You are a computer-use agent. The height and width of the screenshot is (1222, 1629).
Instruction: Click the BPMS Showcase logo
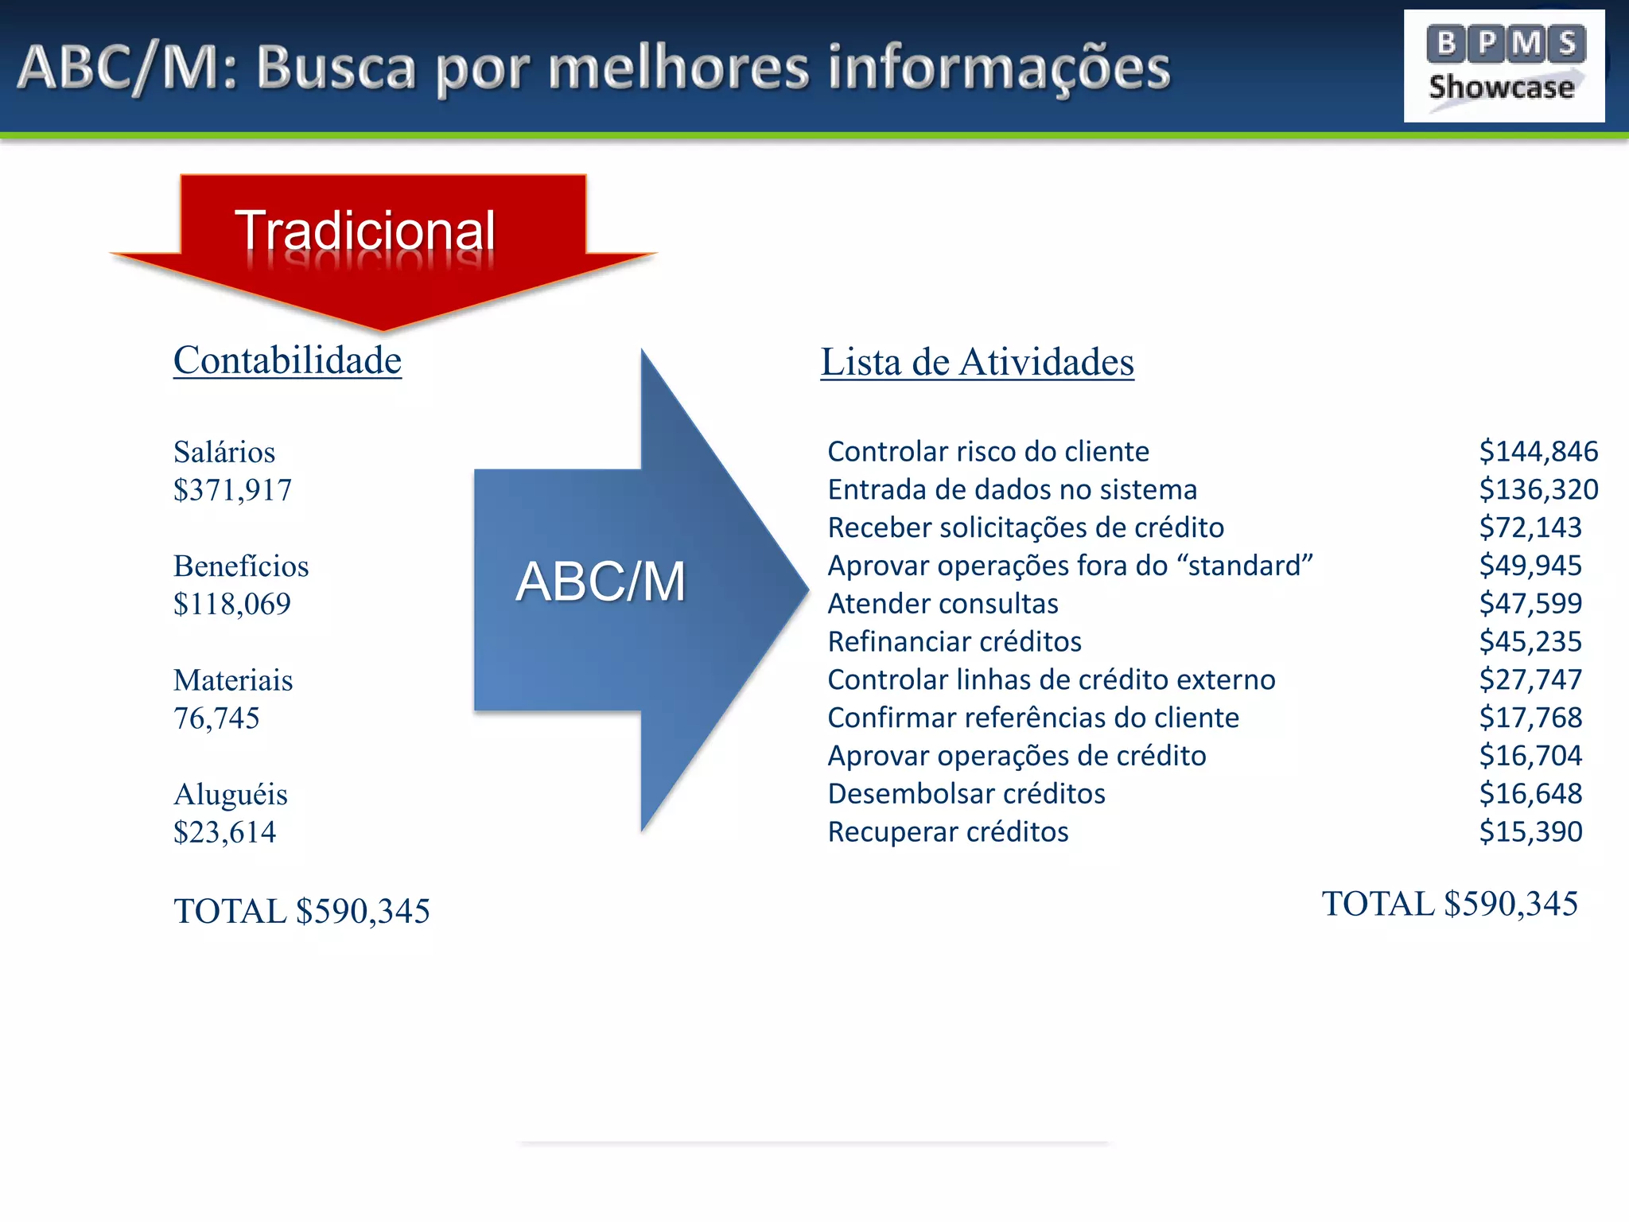[x=1503, y=66]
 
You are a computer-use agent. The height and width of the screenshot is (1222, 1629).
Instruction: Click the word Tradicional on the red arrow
[x=365, y=231]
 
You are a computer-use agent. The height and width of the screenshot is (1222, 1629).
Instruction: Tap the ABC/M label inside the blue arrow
[x=601, y=581]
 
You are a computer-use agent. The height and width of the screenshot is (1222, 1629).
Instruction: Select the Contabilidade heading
[x=287, y=360]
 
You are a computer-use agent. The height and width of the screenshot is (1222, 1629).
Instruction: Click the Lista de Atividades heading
[x=977, y=362]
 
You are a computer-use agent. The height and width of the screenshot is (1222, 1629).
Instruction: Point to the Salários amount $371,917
[x=232, y=490]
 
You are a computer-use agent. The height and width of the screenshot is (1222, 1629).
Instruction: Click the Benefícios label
[x=241, y=566]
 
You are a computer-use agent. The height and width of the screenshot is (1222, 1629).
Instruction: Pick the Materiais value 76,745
[x=216, y=718]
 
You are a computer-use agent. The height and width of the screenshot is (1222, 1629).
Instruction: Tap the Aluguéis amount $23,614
[x=224, y=832]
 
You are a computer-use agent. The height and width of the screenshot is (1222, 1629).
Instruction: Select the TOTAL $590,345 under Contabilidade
[x=301, y=911]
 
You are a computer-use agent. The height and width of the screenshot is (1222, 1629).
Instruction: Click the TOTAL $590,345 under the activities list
[x=1449, y=904]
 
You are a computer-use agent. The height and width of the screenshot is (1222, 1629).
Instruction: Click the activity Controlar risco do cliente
[x=988, y=452]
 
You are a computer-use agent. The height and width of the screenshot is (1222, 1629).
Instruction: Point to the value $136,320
[x=1538, y=490]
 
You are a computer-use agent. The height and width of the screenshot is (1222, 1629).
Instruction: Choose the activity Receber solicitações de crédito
[x=1025, y=528]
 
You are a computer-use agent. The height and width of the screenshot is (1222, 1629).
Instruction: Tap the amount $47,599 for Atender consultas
[x=1530, y=604]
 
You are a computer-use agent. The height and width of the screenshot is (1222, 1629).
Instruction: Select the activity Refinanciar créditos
[x=954, y=642]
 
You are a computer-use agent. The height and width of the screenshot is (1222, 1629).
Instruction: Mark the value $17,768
[x=1530, y=718]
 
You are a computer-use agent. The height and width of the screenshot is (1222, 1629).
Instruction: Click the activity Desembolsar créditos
[x=966, y=794]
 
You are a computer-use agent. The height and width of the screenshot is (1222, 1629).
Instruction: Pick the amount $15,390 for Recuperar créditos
[x=1530, y=832]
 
